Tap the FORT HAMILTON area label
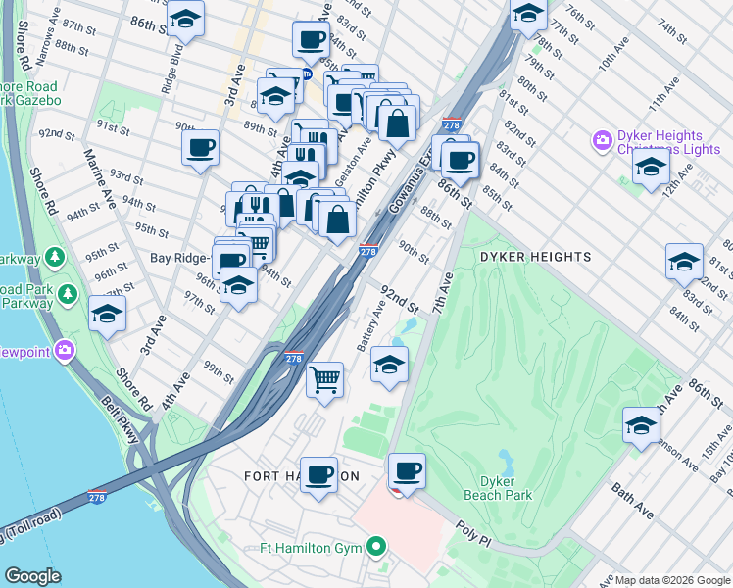(301, 475)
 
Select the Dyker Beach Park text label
(506, 488)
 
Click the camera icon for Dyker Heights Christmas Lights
(601, 142)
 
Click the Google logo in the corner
(31, 576)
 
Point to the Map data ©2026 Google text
(671, 580)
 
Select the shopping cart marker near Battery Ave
(324, 377)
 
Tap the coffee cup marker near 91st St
(200, 148)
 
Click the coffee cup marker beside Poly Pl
(407, 471)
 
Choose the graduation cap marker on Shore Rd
(107, 314)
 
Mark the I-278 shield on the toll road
(97, 497)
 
